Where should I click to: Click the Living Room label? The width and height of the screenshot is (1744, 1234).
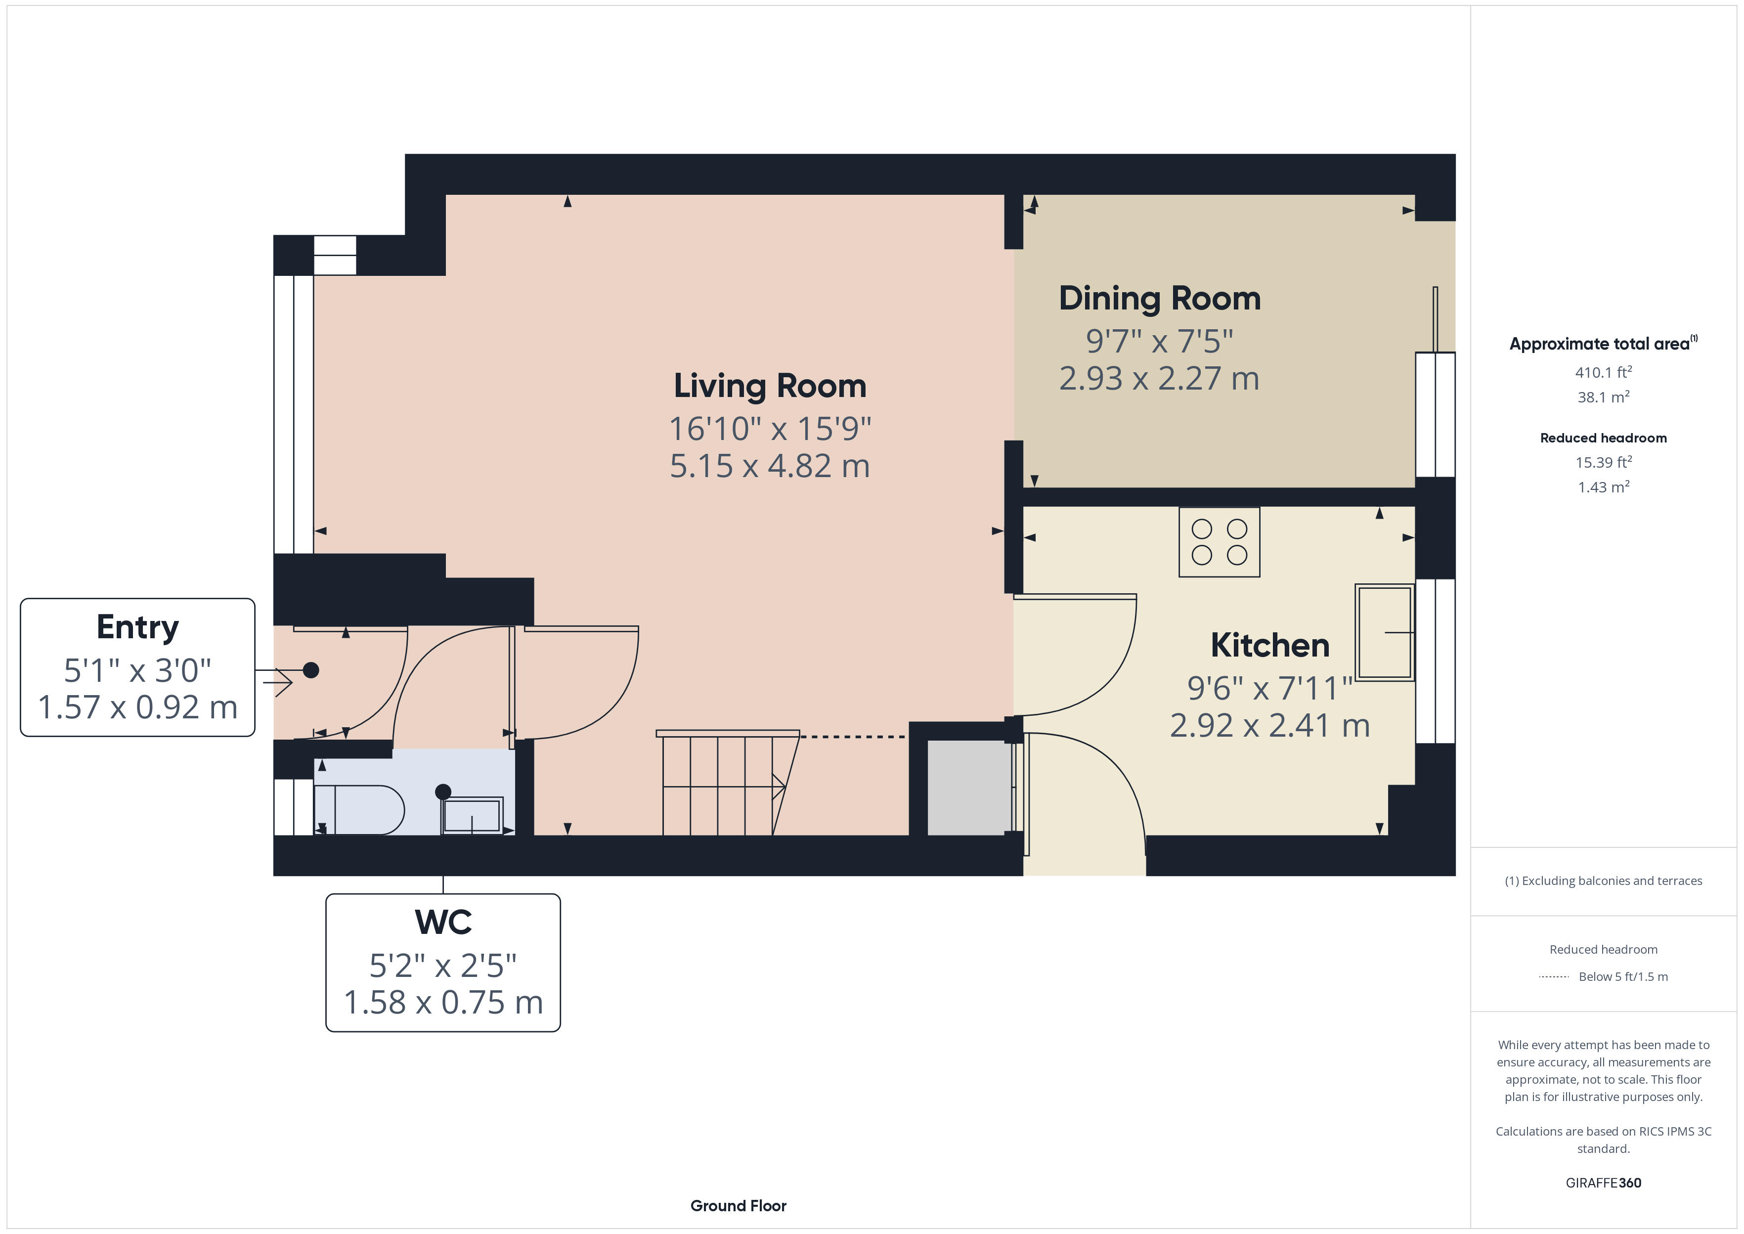point(770,386)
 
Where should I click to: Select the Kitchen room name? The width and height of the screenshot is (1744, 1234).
point(1270,645)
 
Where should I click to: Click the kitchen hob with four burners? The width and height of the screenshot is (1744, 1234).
point(1219,542)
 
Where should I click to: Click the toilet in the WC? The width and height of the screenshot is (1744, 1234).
point(359,810)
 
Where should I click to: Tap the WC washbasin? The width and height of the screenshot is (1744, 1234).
point(472,815)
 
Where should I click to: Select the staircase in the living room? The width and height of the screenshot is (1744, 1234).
point(728,783)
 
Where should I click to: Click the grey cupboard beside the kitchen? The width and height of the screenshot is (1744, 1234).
point(970,787)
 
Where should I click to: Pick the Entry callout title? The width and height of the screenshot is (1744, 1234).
point(137,628)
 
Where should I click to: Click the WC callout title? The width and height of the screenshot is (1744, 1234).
point(443,923)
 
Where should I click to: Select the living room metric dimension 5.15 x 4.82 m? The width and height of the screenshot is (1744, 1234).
point(770,466)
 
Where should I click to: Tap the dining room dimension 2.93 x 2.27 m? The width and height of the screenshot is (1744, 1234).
point(1159,378)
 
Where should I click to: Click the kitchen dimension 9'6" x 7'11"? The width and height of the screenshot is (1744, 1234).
point(1270,688)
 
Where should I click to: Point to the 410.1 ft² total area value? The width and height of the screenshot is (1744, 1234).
point(1604,372)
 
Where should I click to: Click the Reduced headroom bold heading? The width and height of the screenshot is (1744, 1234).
point(1604,438)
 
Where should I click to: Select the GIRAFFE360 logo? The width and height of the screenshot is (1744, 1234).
point(1604,1182)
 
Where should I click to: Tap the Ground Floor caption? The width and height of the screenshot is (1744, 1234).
point(739,1206)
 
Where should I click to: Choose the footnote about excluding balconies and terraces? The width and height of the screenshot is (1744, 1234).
point(1604,881)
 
